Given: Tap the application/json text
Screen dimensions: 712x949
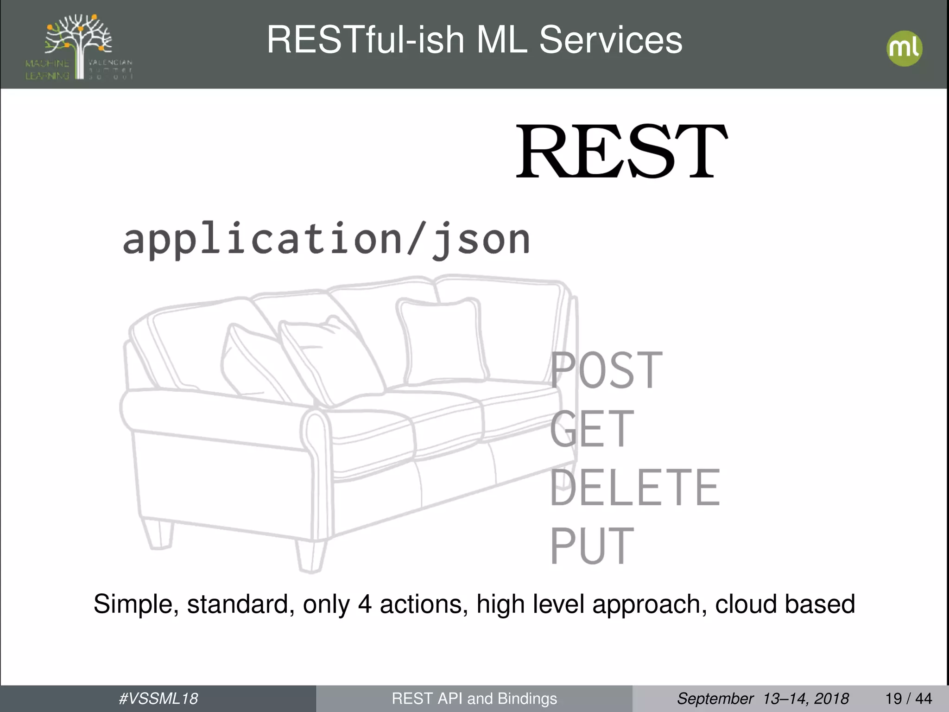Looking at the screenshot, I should [326, 240].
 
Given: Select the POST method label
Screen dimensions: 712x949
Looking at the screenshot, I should [606, 370].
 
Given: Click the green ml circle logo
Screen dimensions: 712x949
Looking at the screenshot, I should [904, 49].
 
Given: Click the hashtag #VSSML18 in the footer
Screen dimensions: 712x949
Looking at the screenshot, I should [158, 699].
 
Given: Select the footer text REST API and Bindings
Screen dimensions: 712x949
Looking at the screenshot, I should [474, 699].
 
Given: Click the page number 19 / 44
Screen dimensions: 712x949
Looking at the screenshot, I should [908, 699].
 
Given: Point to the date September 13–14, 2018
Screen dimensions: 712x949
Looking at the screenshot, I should [763, 699].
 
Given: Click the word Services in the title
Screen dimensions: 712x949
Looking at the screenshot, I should [610, 40].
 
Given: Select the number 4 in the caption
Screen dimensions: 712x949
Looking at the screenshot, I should [365, 604].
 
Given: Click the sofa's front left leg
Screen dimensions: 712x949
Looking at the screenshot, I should [310, 555].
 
